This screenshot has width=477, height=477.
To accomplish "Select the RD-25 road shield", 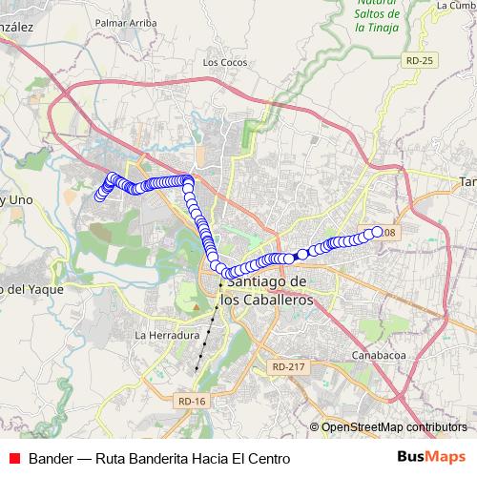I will tap(419, 60).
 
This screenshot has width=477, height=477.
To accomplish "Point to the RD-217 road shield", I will tap(288, 366).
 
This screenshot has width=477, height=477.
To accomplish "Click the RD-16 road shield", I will tap(192, 401).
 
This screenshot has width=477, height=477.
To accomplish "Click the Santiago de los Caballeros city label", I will tap(266, 290).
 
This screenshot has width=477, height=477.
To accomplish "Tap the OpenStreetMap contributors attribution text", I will tap(394, 427).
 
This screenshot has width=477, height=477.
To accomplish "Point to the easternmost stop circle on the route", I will tap(377, 232).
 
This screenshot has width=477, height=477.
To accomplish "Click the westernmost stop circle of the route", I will tap(97, 197).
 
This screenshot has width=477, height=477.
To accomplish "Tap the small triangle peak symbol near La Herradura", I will tap(195, 308).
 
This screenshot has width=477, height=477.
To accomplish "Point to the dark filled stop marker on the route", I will tap(301, 254).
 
